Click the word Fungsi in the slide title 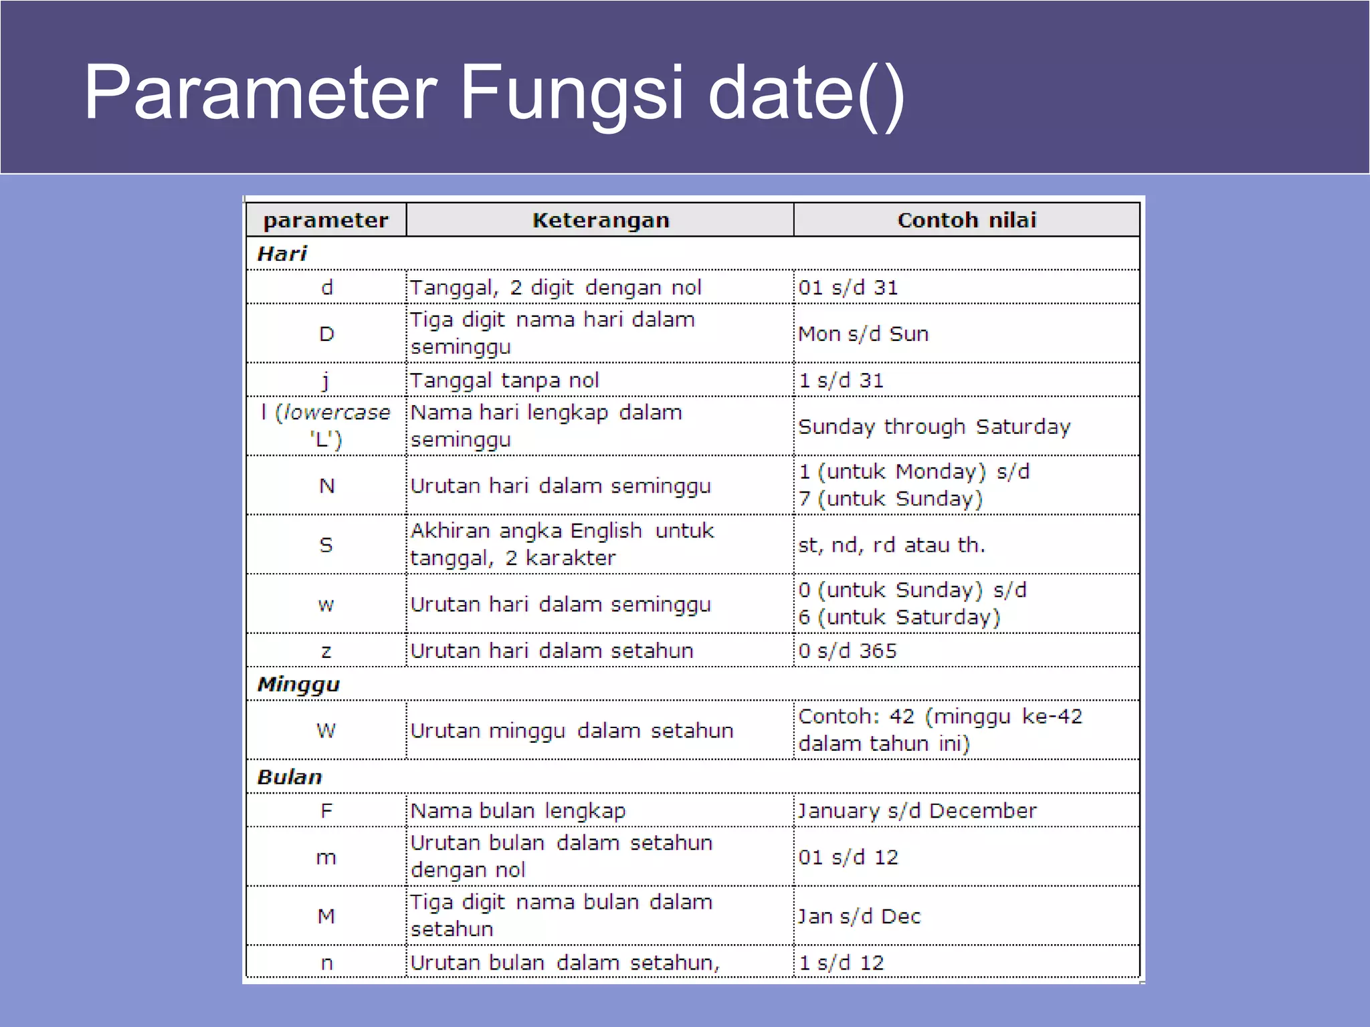[572, 94]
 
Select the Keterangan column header [600, 221]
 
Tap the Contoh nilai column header [967, 221]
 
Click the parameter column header [326, 221]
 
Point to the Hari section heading [282, 254]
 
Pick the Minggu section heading [298, 685]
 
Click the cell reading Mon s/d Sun [863, 334]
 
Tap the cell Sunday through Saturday [934, 427]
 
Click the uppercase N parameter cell [326, 486]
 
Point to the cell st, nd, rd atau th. [891, 546]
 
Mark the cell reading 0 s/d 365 [847, 651]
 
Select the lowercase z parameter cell [326, 651]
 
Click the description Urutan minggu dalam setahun [572, 731]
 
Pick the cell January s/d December [916, 811]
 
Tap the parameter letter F [326, 811]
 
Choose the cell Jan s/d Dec [859, 917]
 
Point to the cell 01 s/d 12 [848, 857]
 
